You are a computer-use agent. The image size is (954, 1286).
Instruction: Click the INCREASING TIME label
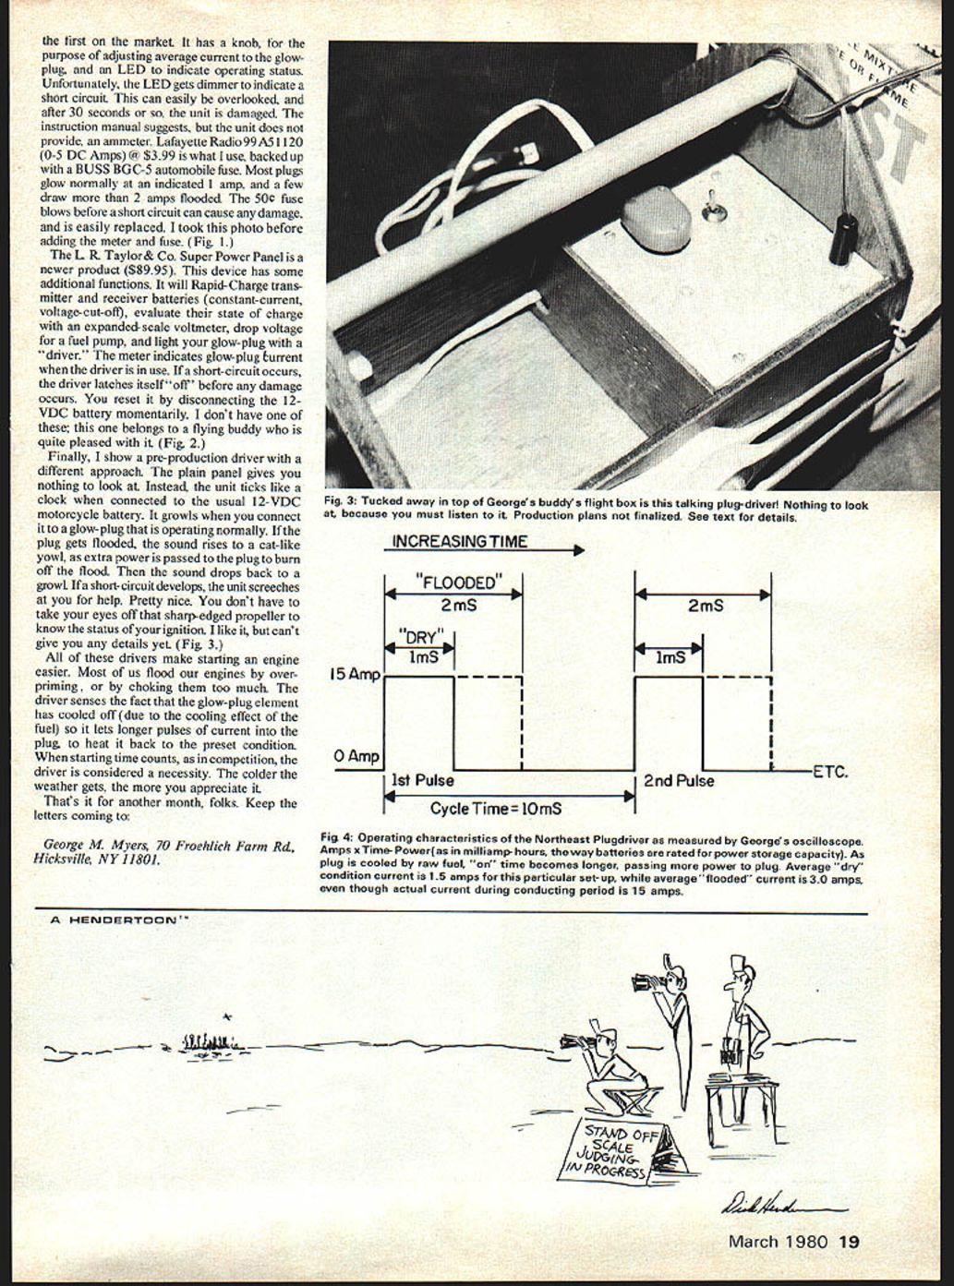[460, 542]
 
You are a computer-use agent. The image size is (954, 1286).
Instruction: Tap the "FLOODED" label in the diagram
[457, 583]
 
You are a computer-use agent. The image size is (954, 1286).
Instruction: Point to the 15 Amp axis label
[355, 675]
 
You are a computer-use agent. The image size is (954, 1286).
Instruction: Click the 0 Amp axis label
[356, 757]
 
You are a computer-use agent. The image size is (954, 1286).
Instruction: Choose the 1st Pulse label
[423, 780]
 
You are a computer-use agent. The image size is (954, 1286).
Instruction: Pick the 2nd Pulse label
[679, 781]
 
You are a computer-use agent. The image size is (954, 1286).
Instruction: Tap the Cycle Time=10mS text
[495, 809]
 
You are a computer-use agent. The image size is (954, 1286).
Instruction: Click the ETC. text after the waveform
[829, 772]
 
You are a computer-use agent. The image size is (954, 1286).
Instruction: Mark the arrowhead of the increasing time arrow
[579, 550]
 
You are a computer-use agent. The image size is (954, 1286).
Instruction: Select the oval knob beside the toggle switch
[656, 221]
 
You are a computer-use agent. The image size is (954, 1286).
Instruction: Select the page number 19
[849, 1242]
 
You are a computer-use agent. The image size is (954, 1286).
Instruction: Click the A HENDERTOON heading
[110, 920]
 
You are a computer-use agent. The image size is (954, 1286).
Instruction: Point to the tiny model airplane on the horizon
[227, 1016]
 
